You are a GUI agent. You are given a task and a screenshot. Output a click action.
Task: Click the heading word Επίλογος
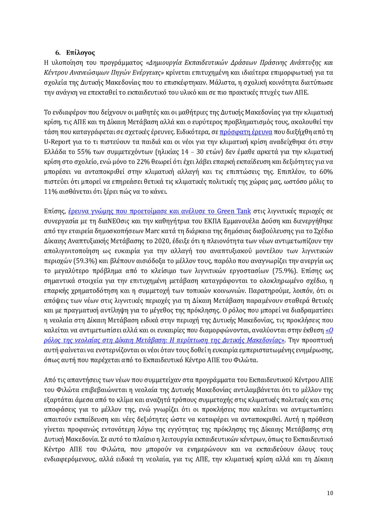coord(80,53)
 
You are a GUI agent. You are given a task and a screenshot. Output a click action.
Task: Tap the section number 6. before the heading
coord(58,53)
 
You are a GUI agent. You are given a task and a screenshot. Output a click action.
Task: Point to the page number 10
coord(330,493)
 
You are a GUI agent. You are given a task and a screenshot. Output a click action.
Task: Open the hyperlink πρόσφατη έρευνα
coord(246,132)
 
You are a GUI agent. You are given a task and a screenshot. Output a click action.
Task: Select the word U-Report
coord(57,142)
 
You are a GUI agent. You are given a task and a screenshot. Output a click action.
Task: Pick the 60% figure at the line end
coord(326,172)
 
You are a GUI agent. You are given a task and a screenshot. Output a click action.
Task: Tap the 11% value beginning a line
coord(51,192)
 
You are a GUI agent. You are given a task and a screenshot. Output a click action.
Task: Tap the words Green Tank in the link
coord(234,211)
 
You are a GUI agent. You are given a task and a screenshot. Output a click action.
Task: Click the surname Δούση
coord(269,221)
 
